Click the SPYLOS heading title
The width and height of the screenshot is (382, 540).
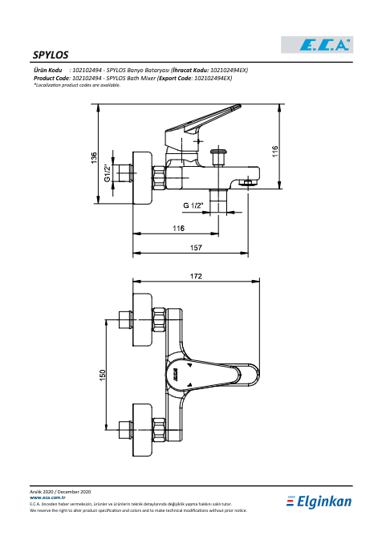point(51,55)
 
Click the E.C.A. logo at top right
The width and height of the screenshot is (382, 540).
point(317,45)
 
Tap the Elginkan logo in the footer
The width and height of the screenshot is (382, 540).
point(319,501)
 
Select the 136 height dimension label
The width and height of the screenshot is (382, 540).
point(94,158)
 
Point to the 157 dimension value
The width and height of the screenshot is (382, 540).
point(196,248)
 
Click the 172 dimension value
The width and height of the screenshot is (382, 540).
point(196,276)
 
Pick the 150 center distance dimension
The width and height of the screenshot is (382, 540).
point(102,376)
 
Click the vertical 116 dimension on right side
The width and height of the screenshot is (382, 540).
point(275,151)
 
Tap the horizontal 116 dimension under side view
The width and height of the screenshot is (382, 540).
point(178,228)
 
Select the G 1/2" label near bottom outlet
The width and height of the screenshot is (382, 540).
point(193,205)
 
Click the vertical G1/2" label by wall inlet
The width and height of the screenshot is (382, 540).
point(108,173)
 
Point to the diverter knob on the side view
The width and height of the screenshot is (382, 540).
point(218,156)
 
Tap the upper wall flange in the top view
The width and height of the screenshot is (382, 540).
point(142,320)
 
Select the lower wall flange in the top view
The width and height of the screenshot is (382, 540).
point(142,430)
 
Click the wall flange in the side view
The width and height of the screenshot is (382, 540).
point(142,178)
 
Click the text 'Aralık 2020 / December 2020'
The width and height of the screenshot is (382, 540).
point(60,492)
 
